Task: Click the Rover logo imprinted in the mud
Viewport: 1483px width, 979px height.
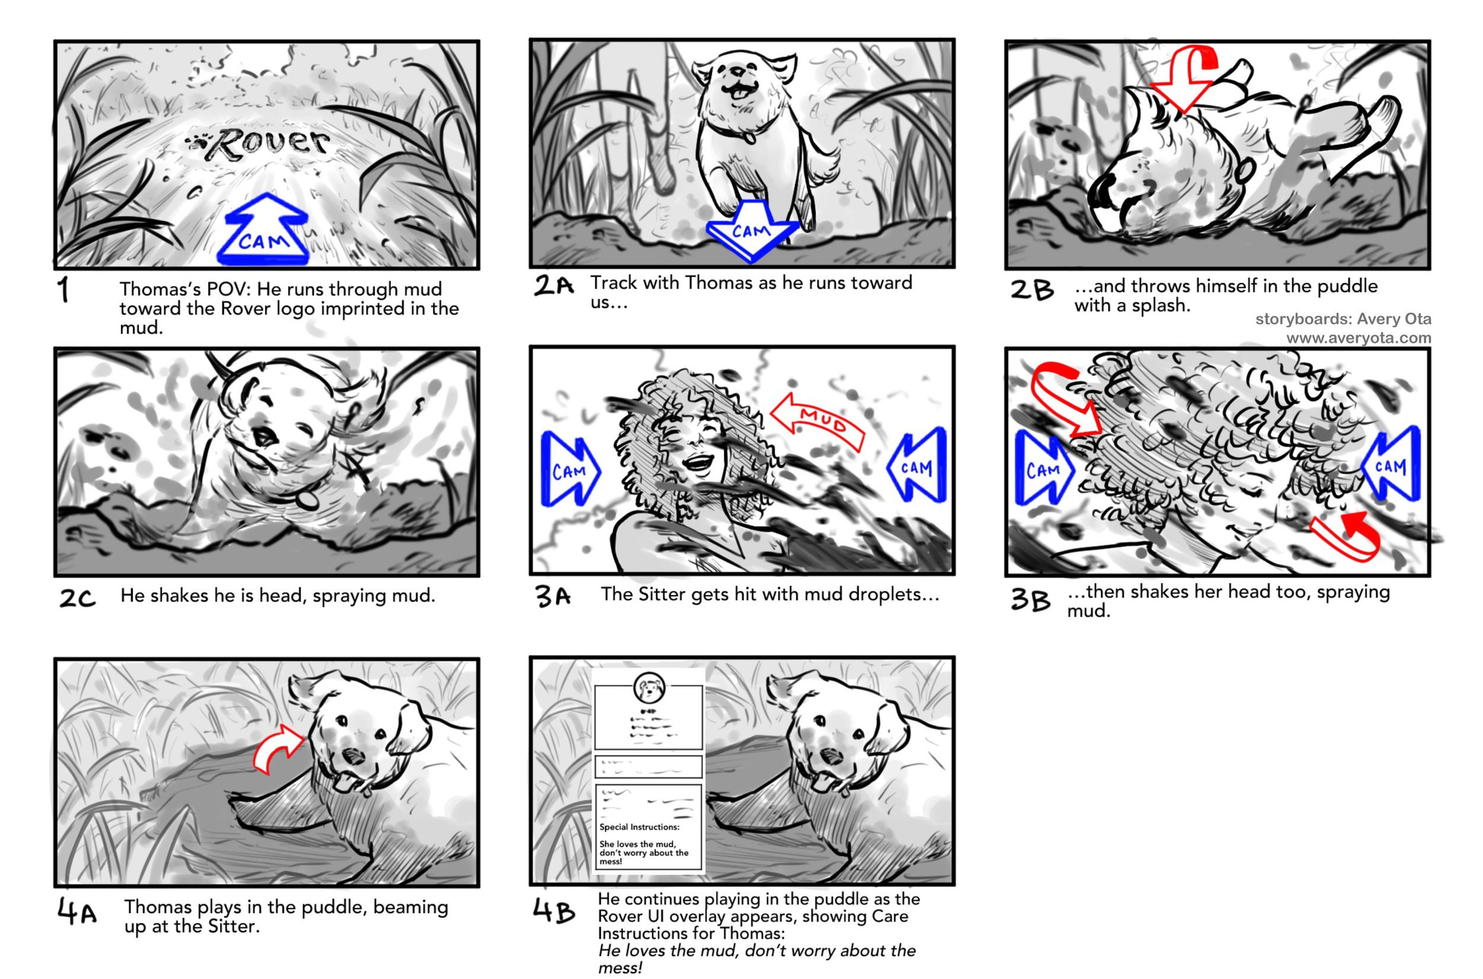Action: (258, 144)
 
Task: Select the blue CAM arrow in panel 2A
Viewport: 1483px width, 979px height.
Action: (752, 230)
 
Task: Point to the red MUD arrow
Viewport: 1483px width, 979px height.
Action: (818, 422)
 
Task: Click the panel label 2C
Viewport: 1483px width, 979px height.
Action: (77, 598)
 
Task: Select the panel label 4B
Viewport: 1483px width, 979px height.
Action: (553, 911)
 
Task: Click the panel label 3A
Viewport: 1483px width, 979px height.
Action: (553, 596)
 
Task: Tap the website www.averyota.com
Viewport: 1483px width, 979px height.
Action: (1359, 338)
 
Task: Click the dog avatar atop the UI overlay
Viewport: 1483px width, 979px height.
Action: (649, 688)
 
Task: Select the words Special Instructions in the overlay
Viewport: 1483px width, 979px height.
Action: (639, 827)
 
